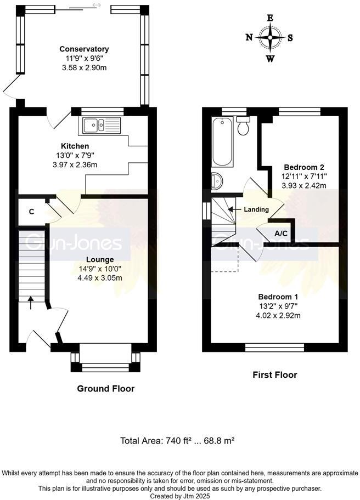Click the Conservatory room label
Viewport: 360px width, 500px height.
(84, 49)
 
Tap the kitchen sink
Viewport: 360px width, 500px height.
(102, 126)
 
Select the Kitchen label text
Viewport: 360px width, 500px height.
(75, 146)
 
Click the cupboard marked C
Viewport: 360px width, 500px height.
(32, 211)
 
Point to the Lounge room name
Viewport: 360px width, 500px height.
(99, 259)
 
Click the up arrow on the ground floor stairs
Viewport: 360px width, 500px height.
(30, 299)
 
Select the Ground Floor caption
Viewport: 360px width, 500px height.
(105, 389)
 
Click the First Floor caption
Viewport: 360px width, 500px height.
(274, 375)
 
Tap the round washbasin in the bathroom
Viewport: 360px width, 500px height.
(217, 180)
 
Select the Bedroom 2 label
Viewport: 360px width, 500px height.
(303, 167)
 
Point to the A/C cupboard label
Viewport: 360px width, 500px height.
(281, 234)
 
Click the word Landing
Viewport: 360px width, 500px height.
(256, 209)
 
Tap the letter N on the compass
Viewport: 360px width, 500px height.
(249, 37)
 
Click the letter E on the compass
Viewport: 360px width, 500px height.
(270, 18)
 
